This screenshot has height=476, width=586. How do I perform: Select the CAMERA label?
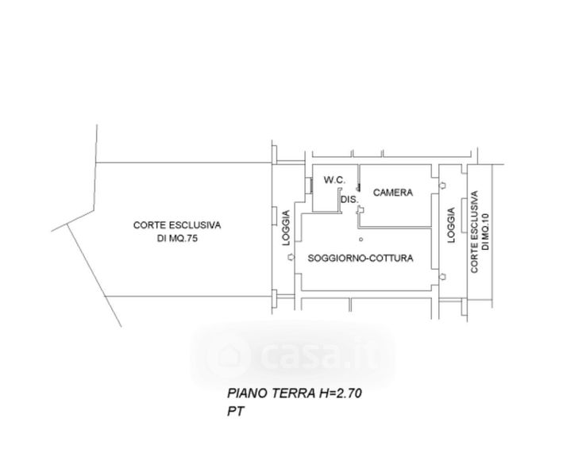tap(392, 192)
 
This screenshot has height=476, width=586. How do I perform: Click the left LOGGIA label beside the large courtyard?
tap(287, 238)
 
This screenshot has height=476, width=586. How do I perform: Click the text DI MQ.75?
tap(176, 239)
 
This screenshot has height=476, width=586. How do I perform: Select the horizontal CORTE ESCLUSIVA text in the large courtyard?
tap(176, 225)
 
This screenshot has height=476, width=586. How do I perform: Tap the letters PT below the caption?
tap(235, 413)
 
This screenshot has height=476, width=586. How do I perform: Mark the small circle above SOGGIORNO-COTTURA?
tap(360, 239)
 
